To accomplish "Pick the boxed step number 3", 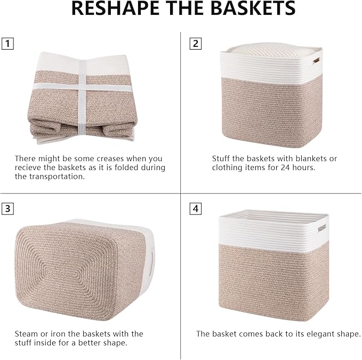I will [x=7, y=209].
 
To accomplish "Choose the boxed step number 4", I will [x=196, y=209].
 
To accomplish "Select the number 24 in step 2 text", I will [x=296, y=167].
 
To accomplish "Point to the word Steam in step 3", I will [x=26, y=333].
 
